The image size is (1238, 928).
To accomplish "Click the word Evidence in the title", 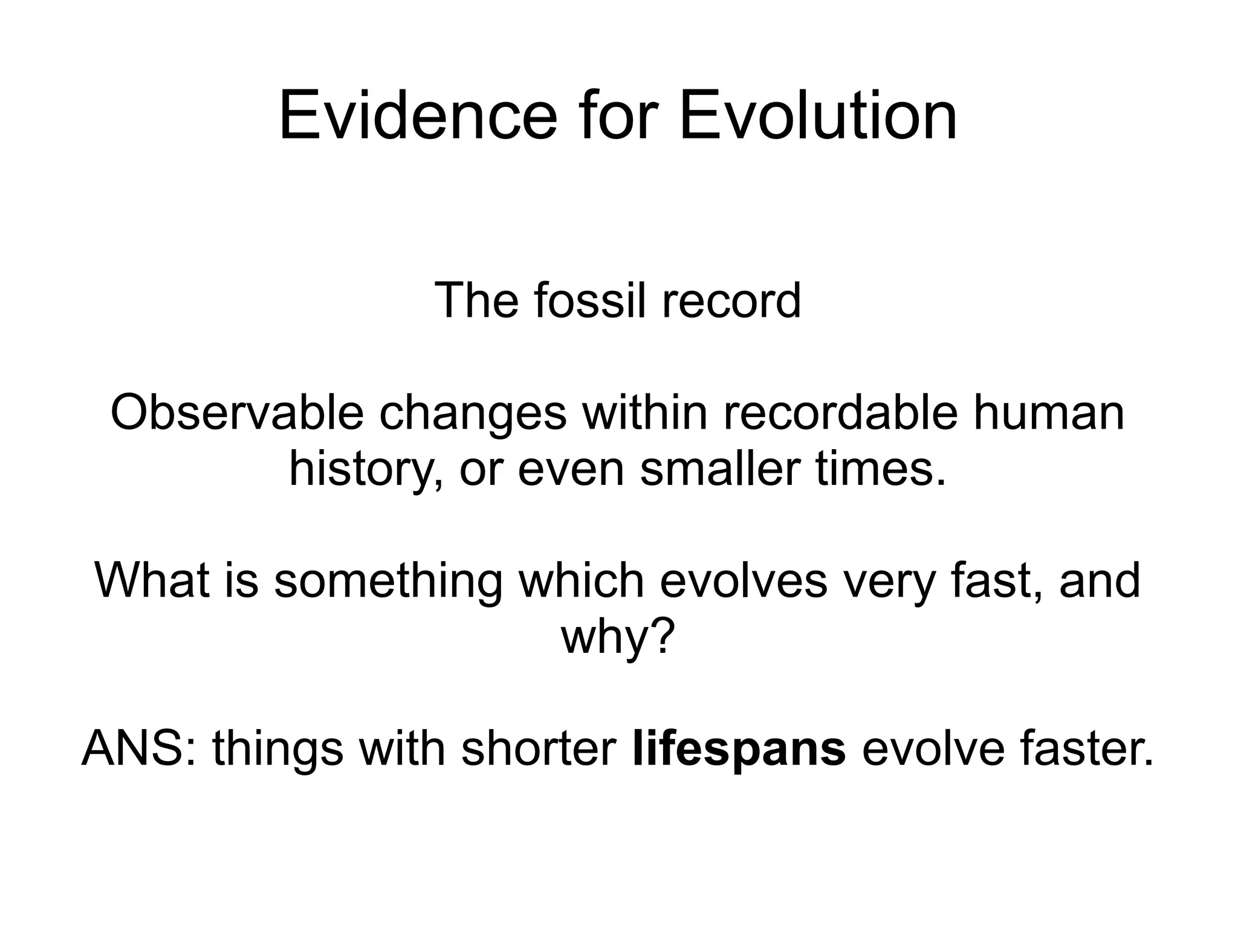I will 418,115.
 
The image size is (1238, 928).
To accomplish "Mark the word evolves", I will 743,580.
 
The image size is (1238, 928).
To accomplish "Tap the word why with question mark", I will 617,637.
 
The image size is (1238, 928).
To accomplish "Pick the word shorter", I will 539,748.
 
